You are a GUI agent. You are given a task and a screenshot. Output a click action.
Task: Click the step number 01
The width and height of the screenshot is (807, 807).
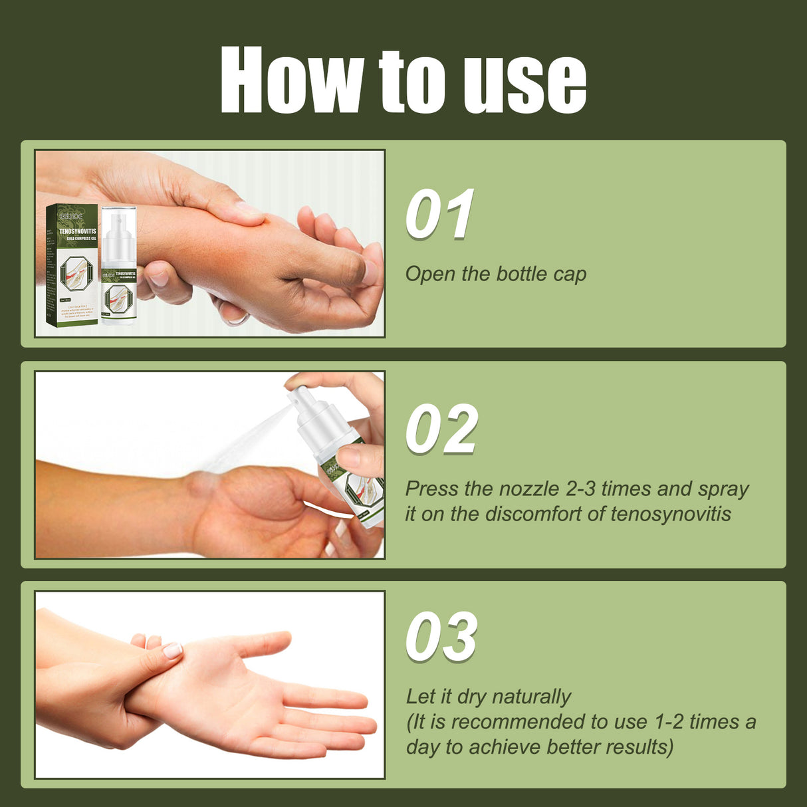click(440, 214)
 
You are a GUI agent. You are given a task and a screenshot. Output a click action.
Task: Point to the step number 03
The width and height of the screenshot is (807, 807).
click(441, 637)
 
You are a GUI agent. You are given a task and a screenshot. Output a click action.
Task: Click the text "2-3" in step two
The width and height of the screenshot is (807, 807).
click(582, 489)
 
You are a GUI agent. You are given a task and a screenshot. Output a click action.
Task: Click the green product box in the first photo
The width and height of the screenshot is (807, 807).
click(72, 265)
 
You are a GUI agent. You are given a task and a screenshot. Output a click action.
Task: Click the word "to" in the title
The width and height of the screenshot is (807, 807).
click(411, 83)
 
